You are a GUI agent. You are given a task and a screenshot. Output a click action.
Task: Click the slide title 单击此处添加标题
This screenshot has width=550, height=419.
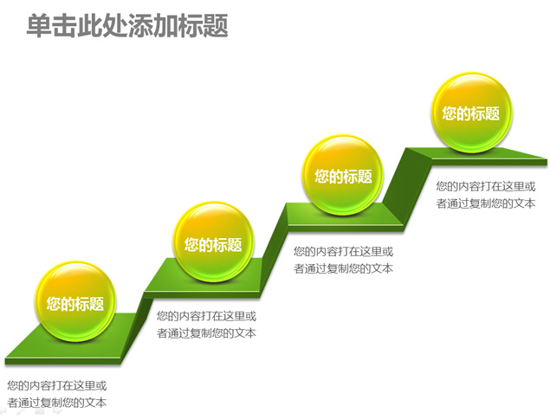pos(127,25)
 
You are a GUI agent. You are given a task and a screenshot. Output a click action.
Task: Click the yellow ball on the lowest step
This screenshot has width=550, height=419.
pos(75,301)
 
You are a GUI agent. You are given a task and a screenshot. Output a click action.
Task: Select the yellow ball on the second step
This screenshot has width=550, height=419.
pos(213,242)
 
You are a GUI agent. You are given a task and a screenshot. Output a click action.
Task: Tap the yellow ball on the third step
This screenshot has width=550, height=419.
pos(343,175)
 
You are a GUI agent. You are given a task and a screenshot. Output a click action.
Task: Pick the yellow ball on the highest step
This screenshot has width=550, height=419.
pos(471,113)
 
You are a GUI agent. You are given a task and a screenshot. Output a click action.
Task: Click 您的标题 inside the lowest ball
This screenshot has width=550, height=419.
pos(75,304)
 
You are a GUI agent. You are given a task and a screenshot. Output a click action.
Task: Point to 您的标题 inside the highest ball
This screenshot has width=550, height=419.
pos(470,113)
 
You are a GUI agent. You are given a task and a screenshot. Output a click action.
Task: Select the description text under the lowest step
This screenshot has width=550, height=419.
pos(57,394)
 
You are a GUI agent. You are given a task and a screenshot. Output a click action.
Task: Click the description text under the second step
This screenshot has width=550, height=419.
pos(207,325)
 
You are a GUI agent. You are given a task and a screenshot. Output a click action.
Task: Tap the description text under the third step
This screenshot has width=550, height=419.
pos(343,260)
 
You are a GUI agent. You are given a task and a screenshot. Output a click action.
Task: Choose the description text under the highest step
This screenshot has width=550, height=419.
pos(486,195)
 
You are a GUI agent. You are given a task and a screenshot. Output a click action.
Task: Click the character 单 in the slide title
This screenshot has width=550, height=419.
pos(39,25)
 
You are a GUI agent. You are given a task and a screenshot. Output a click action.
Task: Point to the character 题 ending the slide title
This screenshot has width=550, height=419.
pos(216,25)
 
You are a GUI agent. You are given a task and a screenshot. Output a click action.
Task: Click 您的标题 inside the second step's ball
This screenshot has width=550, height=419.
pos(213,244)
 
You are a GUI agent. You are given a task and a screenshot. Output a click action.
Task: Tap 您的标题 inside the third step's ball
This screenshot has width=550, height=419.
pos(343,176)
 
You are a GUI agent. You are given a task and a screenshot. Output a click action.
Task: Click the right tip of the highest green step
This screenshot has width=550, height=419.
pos(547,161)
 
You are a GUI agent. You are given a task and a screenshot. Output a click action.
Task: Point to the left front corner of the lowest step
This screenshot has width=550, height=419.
pos(5,360)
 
